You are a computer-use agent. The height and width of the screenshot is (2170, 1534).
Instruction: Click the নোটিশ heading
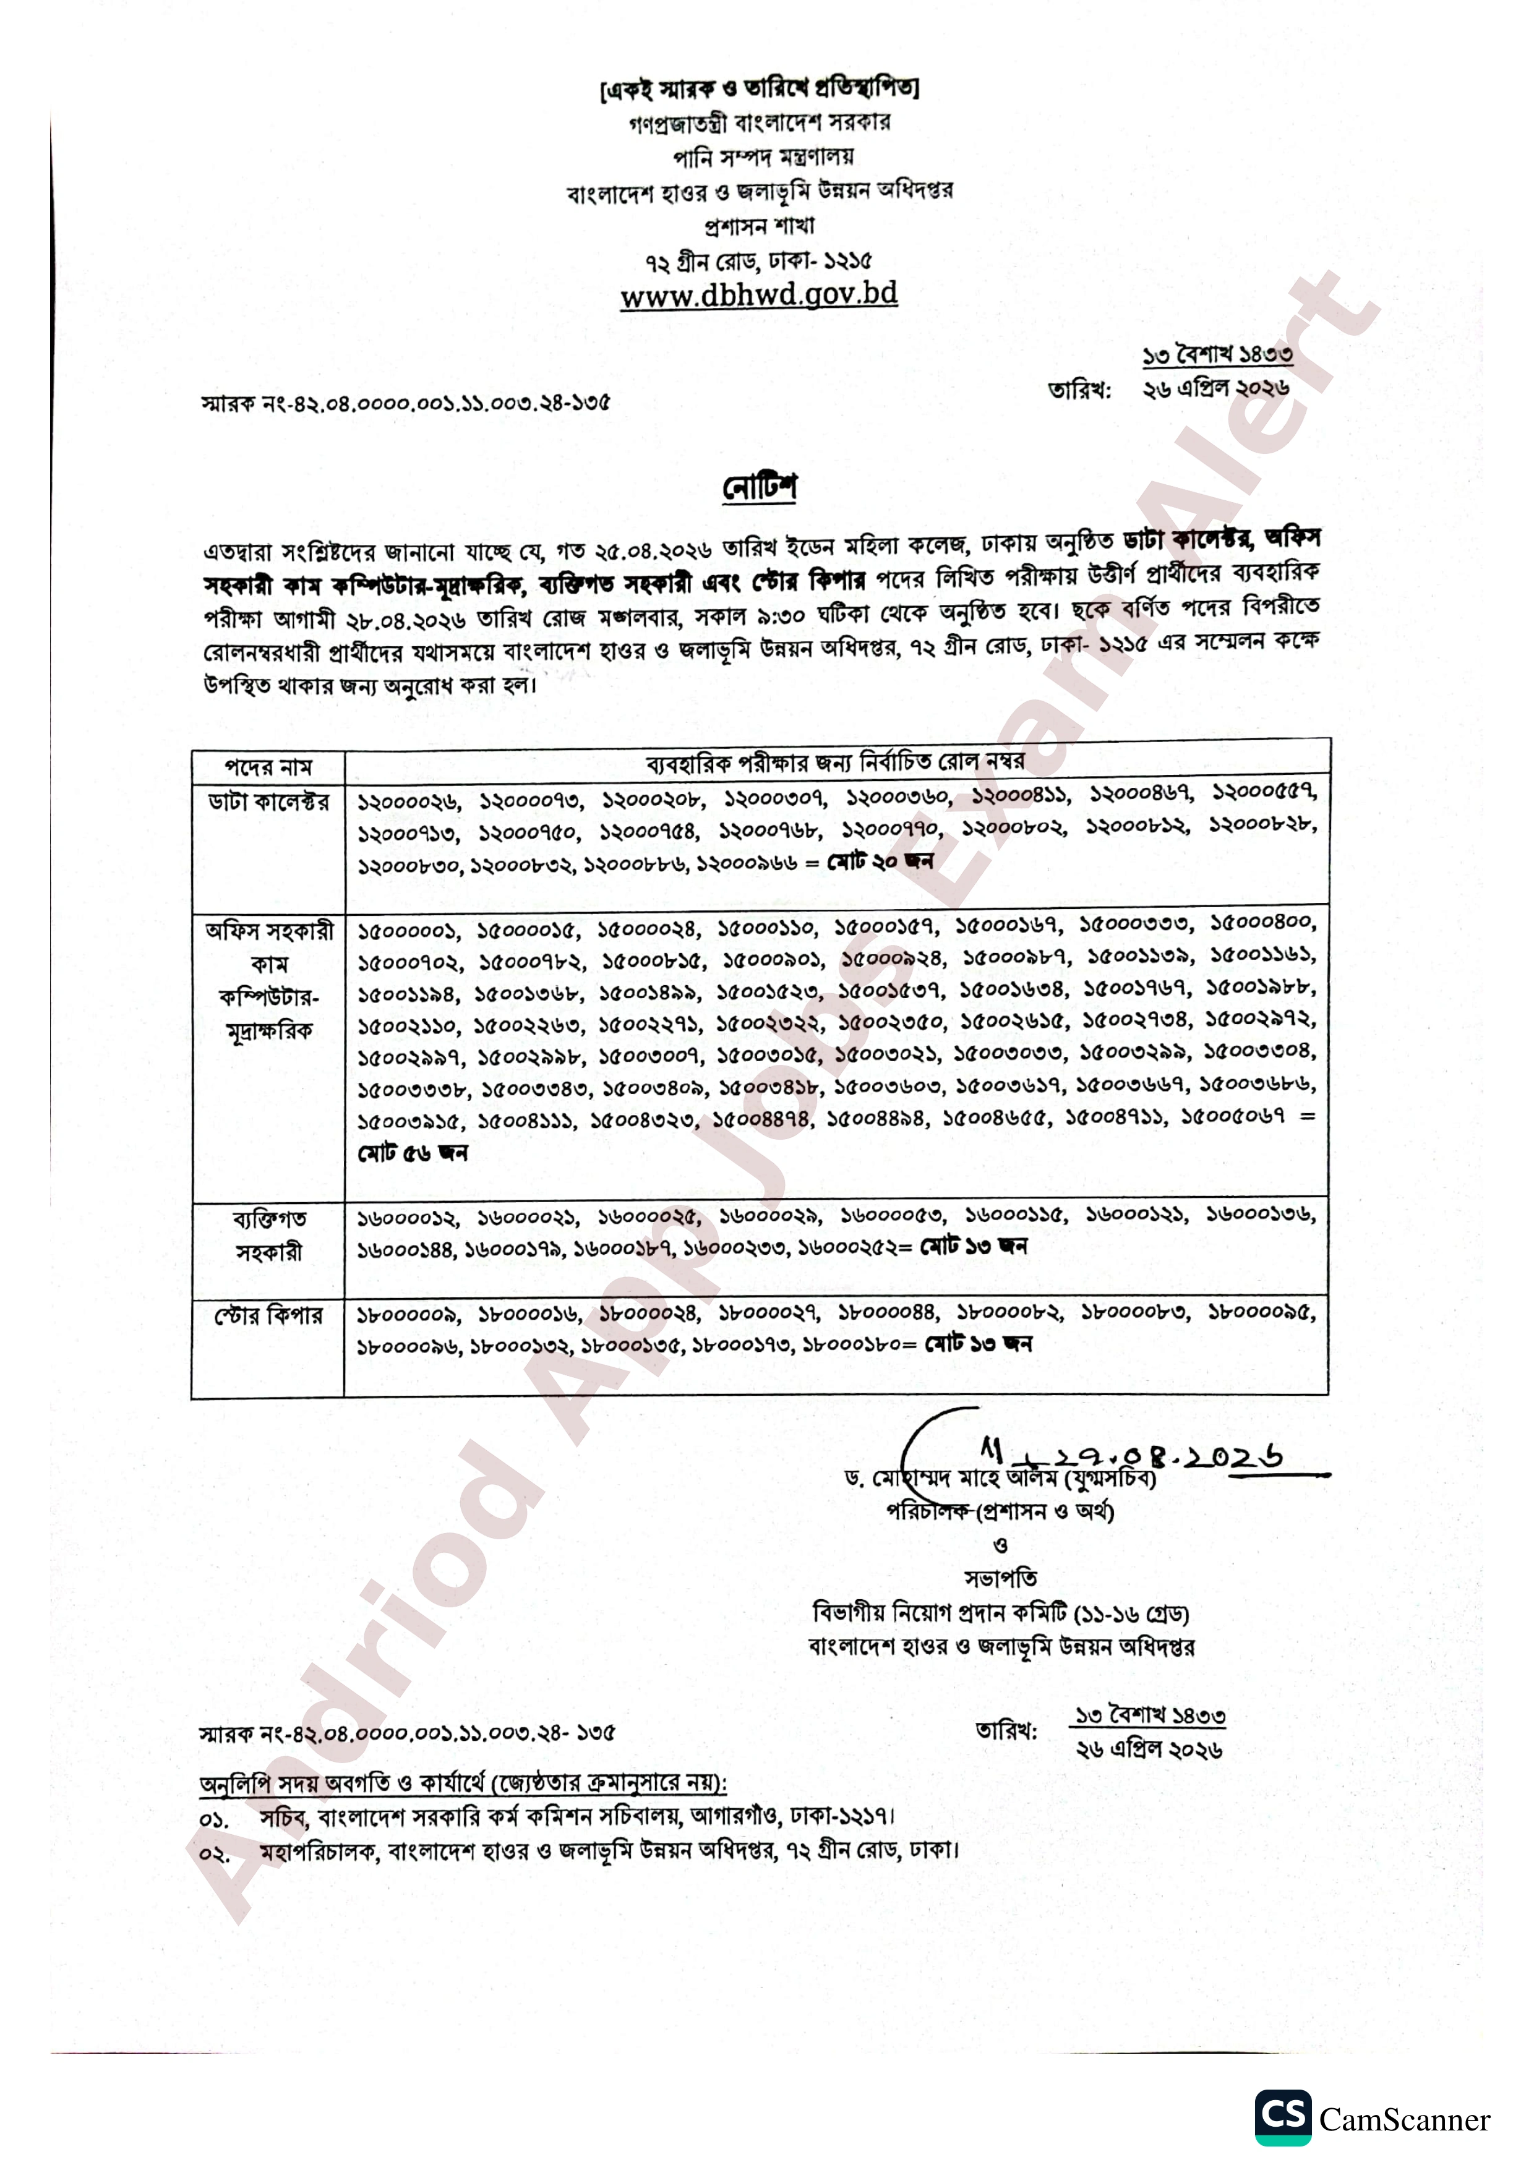coord(759,488)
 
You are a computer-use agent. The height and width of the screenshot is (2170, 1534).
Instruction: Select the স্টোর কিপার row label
coord(268,1315)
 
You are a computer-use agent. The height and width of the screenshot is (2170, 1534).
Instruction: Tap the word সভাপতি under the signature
coord(1000,1578)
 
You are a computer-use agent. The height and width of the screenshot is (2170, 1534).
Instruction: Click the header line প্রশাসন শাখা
coord(759,226)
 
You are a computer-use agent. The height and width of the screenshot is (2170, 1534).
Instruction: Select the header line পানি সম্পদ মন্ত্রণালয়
coord(759,156)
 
